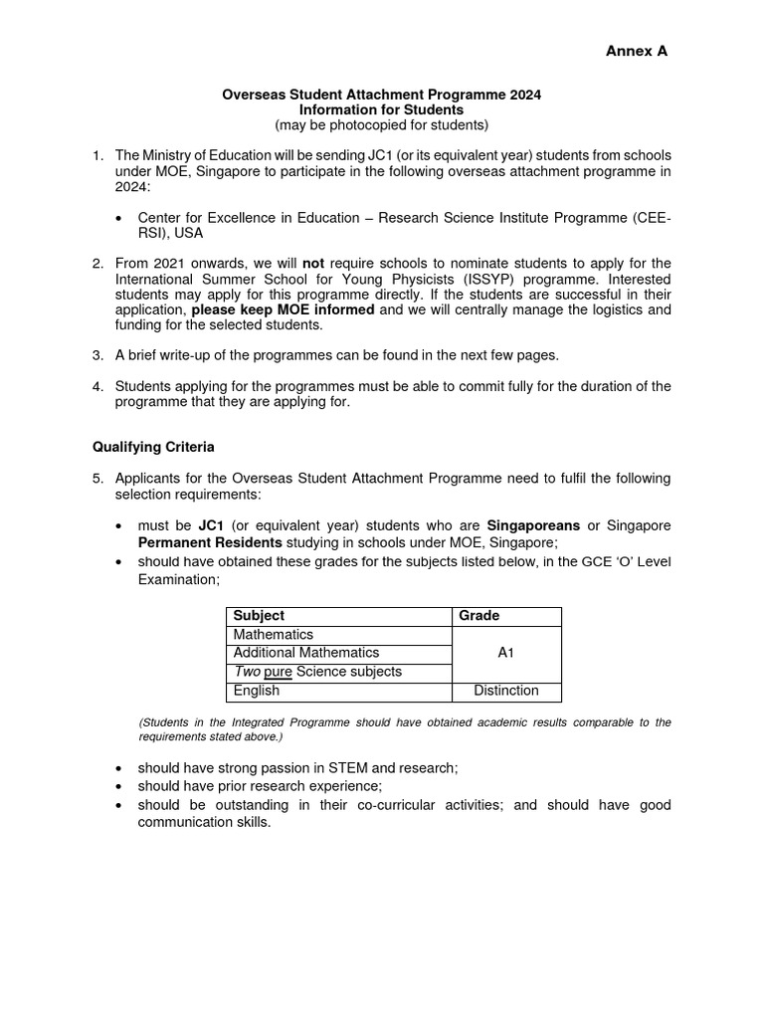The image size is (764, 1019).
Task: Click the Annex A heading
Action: tap(637, 52)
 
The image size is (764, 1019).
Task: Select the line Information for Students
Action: tap(381, 109)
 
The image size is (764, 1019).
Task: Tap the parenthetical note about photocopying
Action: tap(381, 125)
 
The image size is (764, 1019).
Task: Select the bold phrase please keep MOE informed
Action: tap(284, 309)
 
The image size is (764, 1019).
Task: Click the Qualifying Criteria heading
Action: tap(153, 447)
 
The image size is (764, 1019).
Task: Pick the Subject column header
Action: tap(259, 616)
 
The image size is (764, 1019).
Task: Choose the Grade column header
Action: tap(479, 616)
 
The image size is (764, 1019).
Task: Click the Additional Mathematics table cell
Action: tap(306, 653)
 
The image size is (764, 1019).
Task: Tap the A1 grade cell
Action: tap(506, 654)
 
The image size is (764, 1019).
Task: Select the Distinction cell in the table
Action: tap(506, 691)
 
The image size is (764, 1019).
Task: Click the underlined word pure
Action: tap(279, 672)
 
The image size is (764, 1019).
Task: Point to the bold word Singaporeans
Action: tap(533, 525)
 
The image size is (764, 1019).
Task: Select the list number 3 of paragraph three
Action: tap(97, 355)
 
